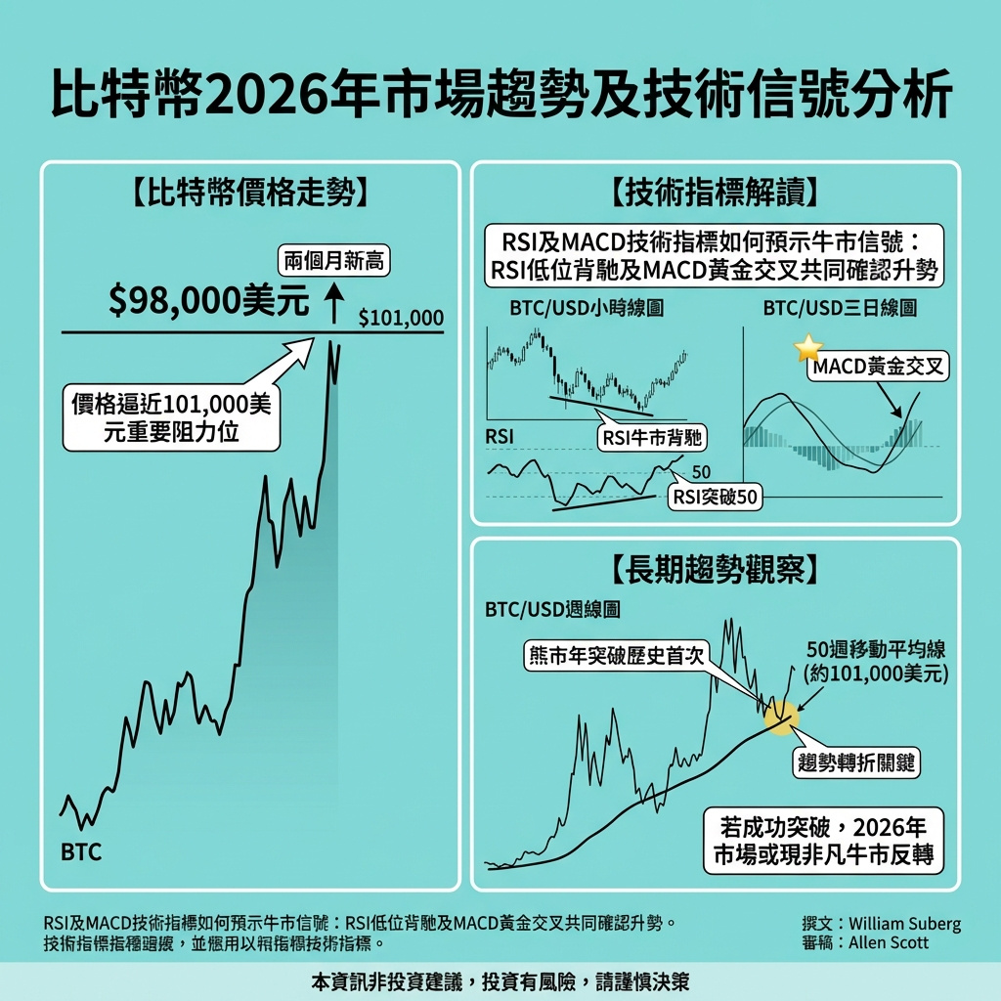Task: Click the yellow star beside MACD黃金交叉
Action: [809, 348]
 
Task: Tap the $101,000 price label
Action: [401, 318]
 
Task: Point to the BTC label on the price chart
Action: [81, 851]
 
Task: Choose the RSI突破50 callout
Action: [716, 497]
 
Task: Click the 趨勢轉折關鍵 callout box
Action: [855, 763]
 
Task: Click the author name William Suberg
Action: [905, 923]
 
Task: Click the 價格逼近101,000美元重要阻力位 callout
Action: [171, 417]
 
